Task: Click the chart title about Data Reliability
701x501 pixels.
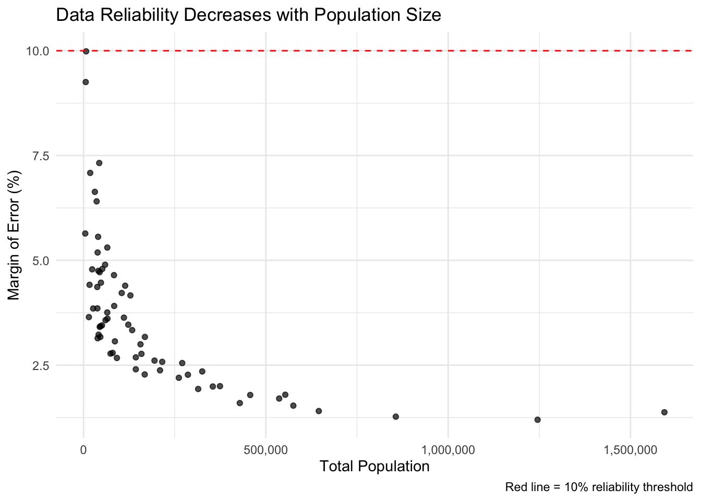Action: point(248,15)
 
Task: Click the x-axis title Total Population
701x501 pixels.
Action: point(374,466)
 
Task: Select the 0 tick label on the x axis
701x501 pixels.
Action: point(83,449)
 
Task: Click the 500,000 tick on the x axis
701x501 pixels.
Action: point(265,449)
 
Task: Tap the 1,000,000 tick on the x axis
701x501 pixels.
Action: point(448,449)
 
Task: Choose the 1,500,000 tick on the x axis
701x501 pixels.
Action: point(630,449)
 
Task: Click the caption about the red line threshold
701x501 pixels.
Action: point(599,487)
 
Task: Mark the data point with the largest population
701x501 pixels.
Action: point(664,412)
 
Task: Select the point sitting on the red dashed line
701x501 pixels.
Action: point(86,51)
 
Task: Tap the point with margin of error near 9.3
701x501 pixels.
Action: point(86,82)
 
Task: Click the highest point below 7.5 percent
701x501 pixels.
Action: point(99,163)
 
